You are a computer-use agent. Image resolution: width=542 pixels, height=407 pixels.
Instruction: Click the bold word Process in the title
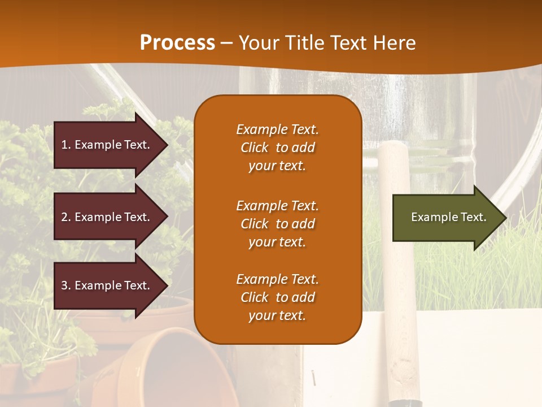(177, 43)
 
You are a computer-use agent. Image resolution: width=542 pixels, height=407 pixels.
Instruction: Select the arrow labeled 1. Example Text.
(106, 145)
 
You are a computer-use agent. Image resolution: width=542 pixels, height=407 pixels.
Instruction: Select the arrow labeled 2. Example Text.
(106, 217)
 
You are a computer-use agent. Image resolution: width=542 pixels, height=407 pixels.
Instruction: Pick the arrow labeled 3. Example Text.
(106, 285)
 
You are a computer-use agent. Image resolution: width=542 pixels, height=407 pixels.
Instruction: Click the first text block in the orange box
(277, 148)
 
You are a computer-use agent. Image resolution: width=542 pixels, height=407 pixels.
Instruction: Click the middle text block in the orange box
(277, 224)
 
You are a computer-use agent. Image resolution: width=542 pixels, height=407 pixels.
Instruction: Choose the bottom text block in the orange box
(277, 297)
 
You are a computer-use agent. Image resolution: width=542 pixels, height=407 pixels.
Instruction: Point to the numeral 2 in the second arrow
(64, 217)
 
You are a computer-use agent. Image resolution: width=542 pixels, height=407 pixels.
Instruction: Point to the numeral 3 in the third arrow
(64, 285)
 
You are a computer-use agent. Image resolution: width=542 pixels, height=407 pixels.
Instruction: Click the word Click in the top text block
(255, 148)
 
